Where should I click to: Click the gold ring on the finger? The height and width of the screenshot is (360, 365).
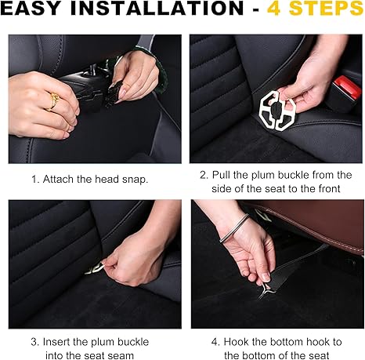pyautogui.click(x=53, y=102)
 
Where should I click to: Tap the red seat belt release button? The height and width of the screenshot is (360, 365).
pyautogui.click(x=346, y=86)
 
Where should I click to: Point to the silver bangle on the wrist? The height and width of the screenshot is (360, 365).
pyautogui.click(x=234, y=228)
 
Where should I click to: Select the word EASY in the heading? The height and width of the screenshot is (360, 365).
pyautogui.click(x=31, y=8)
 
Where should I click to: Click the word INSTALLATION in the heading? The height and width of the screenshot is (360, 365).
pyautogui.click(x=157, y=8)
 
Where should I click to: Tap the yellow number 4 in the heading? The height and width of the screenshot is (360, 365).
pyautogui.click(x=274, y=8)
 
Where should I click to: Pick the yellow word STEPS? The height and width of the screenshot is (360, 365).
pyautogui.click(x=327, y=8)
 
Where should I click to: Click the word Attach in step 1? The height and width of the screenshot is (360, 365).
pyautogui.click(x=58, y=180)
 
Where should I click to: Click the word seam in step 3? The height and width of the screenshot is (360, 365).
pyautogui.click(x=121, y=356)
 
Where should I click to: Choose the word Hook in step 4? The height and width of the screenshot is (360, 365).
pyautogui.click(x=235, y=342)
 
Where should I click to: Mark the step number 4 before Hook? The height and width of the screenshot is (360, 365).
pyautogui.click(x=215, y=342)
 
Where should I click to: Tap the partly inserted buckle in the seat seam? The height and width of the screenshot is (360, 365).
pyautogui.click(x=95, y=269)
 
